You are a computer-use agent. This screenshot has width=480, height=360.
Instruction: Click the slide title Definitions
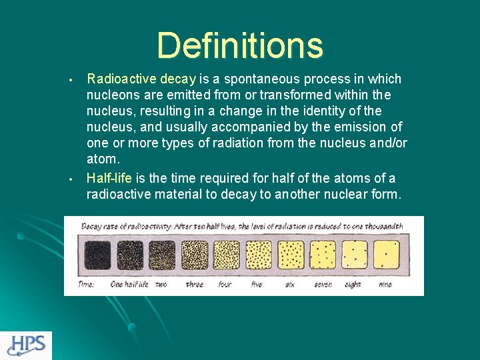pos(240,46)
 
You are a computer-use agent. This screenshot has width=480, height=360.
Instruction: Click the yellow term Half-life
pos(109,178)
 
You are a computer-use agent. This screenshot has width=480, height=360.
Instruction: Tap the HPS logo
pos(26,345)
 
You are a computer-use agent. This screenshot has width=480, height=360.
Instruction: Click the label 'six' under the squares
pos(289,284)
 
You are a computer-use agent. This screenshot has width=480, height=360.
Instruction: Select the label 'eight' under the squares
pos(353,284)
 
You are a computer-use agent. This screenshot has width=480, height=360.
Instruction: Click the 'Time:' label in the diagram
pos(86,284)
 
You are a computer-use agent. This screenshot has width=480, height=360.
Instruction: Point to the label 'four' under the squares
pos(225,284)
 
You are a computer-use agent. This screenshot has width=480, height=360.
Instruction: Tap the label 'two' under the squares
pos(161,284)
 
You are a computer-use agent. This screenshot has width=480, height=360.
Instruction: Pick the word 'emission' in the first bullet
pos(364,127)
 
